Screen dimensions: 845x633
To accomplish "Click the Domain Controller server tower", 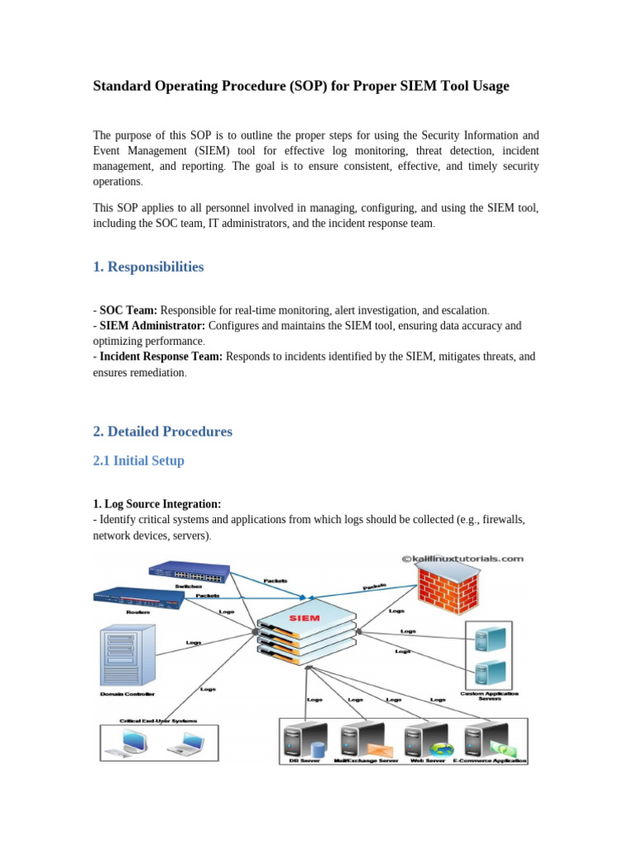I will [x=126, y=656].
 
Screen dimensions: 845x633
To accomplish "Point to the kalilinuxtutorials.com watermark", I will [x=462, y=558].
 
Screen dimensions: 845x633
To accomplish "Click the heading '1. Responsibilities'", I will [x=148, y=267].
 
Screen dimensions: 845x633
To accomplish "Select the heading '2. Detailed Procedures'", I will [x=162, y=432].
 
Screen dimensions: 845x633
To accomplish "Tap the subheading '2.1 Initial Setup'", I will [x=138, y=460].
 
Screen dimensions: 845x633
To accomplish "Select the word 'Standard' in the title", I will [x=120, y=86].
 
